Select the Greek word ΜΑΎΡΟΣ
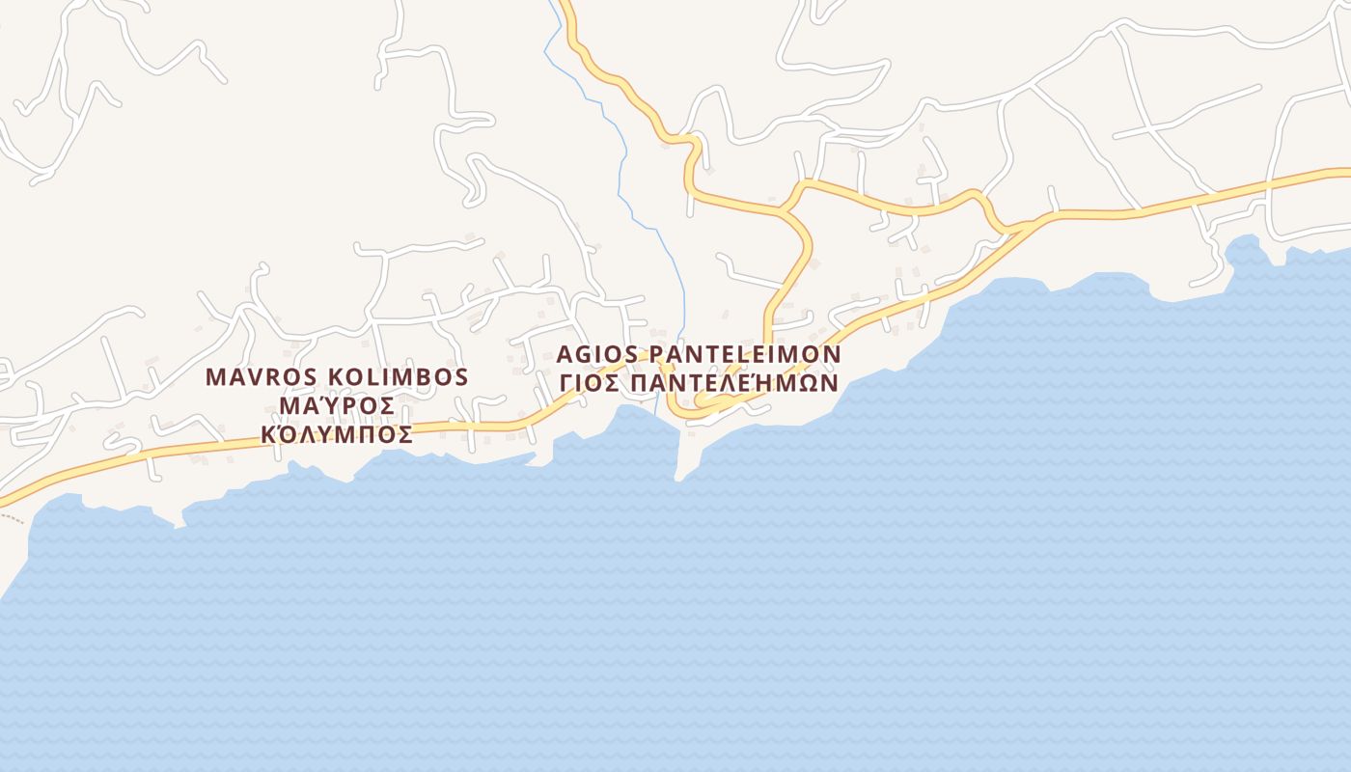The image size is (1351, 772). (x=336, y=405)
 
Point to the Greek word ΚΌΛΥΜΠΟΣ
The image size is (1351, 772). (x=337, y=434)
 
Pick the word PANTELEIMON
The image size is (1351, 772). (x=746, y=353)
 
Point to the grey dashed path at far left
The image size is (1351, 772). (x=12, y=518)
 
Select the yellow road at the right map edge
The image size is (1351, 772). (x=1344, y=174)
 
